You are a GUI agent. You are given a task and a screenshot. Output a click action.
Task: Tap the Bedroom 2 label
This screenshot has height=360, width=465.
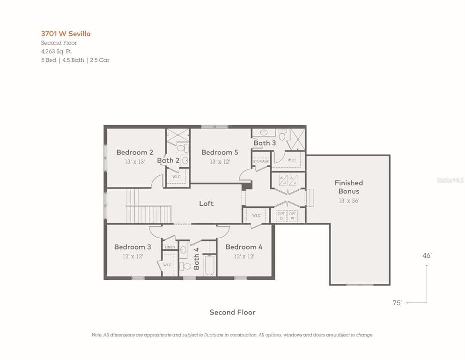134,152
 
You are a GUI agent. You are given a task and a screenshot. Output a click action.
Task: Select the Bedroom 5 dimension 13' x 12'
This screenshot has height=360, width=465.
220,162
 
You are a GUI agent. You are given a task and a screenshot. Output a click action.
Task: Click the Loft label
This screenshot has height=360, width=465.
206,203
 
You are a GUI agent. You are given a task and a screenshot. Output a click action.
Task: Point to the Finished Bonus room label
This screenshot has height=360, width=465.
348,187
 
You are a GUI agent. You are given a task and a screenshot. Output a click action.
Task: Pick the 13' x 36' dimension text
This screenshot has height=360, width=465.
348,201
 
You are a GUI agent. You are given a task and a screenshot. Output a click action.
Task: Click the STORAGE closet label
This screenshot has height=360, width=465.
261,161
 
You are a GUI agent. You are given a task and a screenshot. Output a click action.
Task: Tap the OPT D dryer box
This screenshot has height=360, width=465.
280,216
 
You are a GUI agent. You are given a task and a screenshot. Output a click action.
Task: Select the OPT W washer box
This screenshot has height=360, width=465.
292,216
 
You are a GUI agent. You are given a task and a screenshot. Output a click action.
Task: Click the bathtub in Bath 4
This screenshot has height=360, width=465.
209,265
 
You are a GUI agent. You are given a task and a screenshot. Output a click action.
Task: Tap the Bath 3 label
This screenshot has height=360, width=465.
265,143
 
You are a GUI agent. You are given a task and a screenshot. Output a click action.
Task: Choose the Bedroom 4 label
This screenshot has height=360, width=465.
244,247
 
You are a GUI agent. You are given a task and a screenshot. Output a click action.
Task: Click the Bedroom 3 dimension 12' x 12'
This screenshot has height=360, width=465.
133,256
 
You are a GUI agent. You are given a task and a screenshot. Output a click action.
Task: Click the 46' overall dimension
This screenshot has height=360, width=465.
427,255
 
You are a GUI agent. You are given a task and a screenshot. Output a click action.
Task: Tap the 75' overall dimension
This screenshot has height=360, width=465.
397,303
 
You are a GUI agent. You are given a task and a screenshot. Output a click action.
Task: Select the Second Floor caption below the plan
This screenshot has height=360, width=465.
232,312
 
